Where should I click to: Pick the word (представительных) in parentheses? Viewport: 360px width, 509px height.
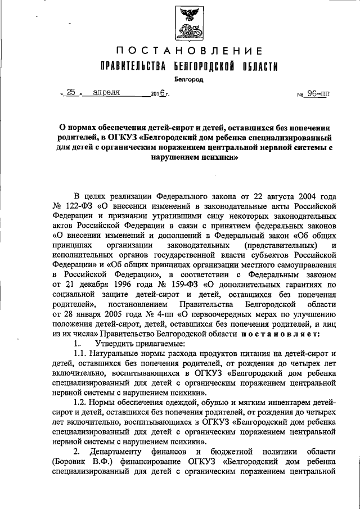click(280, 245)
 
